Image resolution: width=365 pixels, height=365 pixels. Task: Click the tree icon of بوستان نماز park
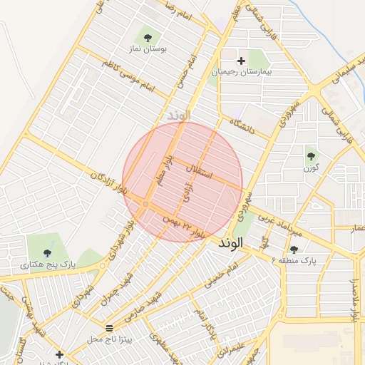(x=148, y=37)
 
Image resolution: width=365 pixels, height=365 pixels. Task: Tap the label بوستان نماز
(x=148, y=50)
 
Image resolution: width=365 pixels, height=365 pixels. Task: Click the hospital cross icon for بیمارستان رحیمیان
(x=241, y=61)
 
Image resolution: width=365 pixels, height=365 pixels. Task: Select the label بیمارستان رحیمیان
(x=241, y=73)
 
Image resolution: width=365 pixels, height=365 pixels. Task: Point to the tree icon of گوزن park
(x=310, y=155)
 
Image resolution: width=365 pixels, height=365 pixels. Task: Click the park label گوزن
(x=310, y=168)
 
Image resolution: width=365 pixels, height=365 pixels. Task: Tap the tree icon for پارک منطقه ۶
(x=294, y=249)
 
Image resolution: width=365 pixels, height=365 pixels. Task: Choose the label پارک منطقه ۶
(x=294, y=262)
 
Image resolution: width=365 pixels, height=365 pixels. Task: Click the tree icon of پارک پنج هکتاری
(x=48, y=252)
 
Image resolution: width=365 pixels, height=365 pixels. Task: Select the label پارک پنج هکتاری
(x=48, y=265)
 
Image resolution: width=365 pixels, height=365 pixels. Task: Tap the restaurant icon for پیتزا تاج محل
(x=109, y=329)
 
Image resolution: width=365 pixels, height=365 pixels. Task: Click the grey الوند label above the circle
(x=179, y=115)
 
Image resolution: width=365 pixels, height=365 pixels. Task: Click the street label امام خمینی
(x=221, y=276)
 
